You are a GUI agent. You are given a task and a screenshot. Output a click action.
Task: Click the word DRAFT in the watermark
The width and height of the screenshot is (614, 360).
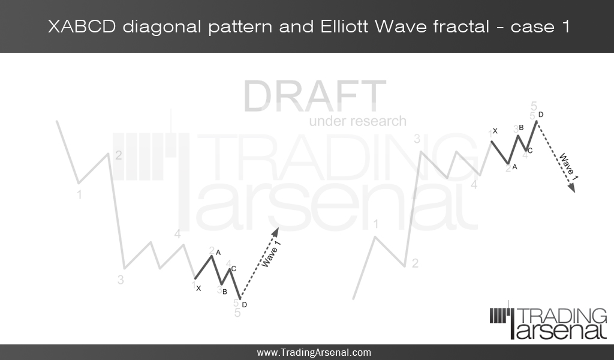coord(315,96)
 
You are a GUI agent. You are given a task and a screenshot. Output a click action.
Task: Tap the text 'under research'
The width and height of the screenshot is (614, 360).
coord(357,121)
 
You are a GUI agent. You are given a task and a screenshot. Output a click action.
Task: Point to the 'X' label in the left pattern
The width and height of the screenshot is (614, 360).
coord(198,289)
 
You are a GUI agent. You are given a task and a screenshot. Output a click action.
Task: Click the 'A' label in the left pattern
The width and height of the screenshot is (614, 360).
coord(219,253)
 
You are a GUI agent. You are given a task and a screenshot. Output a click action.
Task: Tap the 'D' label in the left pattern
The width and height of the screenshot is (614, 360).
coord(245,305)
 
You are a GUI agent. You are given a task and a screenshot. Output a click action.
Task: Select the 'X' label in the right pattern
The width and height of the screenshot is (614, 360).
coord(495,131)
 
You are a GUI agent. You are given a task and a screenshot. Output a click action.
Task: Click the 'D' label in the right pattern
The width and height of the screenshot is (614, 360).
coord(541,114)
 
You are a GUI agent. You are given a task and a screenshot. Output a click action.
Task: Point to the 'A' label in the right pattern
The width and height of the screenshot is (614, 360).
coord(514,167)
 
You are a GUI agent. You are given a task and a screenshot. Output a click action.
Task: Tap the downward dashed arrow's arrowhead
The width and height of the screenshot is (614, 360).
coord(572,189)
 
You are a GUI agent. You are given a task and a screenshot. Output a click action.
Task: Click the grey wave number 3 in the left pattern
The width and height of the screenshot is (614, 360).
coord(121,280)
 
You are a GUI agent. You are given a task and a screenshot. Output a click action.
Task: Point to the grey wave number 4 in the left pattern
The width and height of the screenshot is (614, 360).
coord(177,234)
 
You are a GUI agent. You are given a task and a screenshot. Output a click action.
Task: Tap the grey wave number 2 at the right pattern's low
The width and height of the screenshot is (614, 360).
coord(415,263)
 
